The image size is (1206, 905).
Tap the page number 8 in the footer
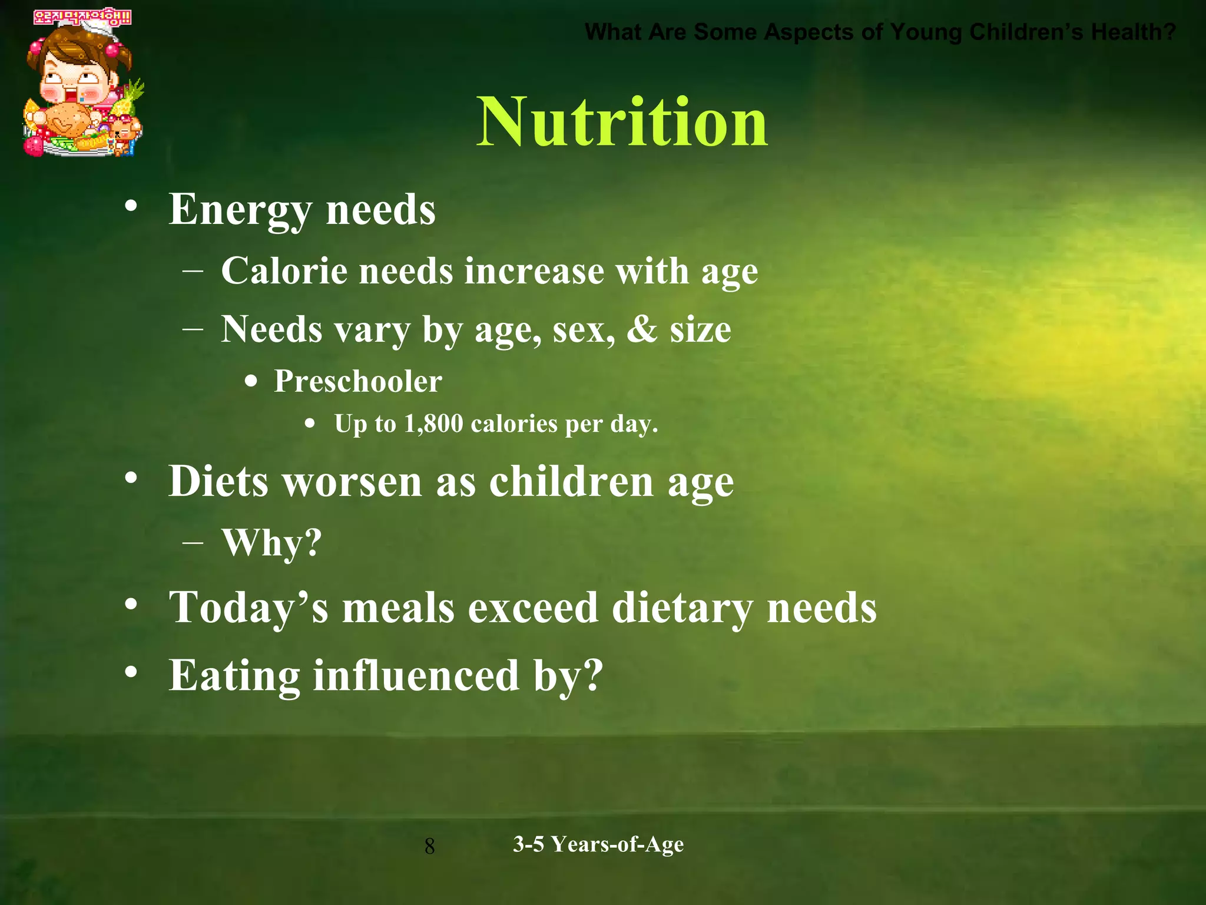coord(430,847)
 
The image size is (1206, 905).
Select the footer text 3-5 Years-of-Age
coord(598,844)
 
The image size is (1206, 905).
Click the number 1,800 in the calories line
coord(433,424)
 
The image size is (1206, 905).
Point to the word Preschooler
coord(358,381)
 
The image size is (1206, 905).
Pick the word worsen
coord(352,481)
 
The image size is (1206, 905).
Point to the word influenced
coord(416,675)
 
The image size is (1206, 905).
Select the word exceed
coord(533,607)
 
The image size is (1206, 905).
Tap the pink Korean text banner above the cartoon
coord(82,18)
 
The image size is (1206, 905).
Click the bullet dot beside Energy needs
coord(131,206)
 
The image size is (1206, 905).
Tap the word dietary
coord(682,607)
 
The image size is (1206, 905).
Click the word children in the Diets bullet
coord(571,481)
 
